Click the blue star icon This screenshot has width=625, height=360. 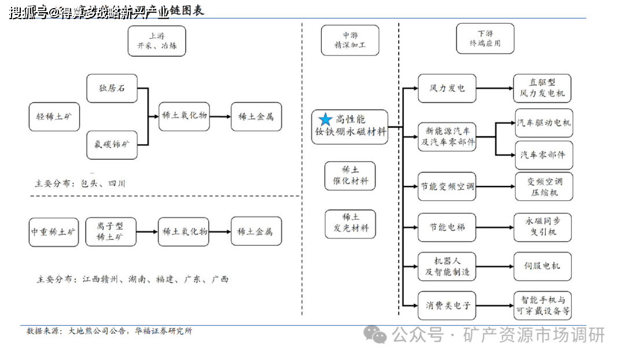(326, 119)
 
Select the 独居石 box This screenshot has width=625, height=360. (112, 89)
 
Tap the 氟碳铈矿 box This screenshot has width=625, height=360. (112, 145)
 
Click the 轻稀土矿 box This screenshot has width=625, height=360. (54, 117)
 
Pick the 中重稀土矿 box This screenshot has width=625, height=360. (53, 232)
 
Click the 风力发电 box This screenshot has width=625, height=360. (447, 89)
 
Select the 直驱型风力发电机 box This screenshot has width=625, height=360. (542, 88)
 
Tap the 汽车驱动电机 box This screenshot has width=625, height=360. (544, 123)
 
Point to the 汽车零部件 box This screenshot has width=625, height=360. (544, 155)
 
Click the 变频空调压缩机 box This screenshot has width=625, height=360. (544, 186)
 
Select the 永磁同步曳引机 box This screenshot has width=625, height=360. (543, 227)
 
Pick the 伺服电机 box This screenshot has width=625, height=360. (542, 266)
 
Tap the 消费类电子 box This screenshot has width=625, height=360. (447, 305)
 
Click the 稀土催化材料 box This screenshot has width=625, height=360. (350, 176)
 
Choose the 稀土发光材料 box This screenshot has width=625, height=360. (350, 223)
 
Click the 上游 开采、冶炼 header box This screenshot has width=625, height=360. (157, 41)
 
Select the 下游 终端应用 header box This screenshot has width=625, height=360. (485, 38)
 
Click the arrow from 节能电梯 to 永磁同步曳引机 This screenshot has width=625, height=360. (495, 227)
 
